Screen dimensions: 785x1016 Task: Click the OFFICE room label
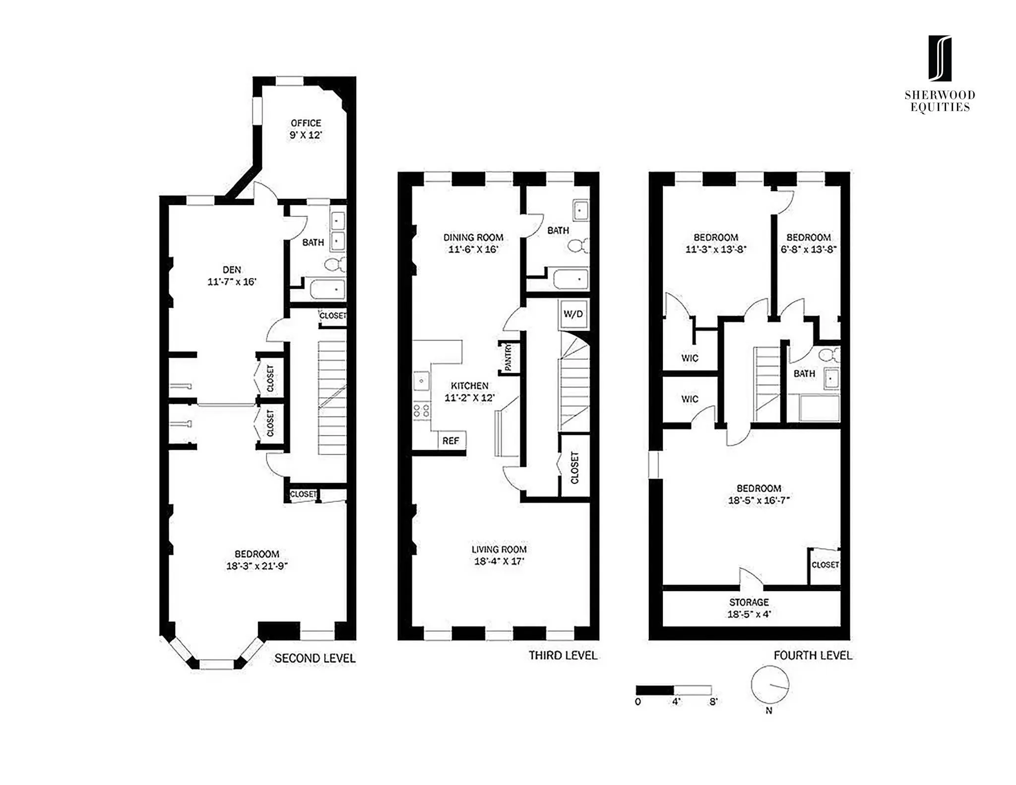click(306, 123)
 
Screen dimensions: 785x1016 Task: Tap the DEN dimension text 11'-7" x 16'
click(232, 282)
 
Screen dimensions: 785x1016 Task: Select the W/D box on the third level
click(573, 315)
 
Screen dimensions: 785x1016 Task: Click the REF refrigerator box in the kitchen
click(451, 441)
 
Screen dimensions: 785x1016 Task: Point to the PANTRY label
click(508, 358)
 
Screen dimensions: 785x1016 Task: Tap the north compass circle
click(769, 685)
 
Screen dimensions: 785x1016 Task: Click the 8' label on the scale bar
click(713, 702)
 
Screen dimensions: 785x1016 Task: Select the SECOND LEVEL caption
click(315, 658)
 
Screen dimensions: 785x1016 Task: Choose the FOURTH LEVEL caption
click(813, 655)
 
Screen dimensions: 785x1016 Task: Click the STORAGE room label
click(749, 602)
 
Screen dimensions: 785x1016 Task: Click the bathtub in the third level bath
click(571, 279)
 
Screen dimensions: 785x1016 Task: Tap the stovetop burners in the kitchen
click(422, 410)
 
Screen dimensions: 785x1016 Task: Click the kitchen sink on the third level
click(422, 381)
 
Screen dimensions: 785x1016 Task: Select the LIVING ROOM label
click(499, 549)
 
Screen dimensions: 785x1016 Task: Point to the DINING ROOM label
click(473, 238)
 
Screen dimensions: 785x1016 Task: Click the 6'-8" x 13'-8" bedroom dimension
click(808, 250)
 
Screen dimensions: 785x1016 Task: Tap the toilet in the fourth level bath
click(827, 355)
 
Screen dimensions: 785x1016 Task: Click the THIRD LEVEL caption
click(563, 655)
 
